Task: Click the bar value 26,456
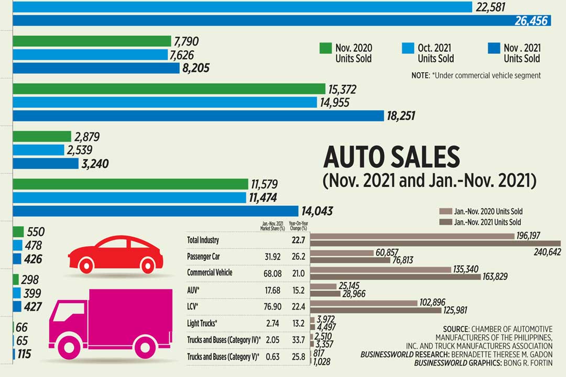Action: [531, 21]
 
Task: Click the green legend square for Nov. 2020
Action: [325, 48]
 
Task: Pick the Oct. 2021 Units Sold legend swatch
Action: [408, 48]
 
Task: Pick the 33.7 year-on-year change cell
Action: [298, 340]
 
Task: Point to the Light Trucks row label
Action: [202, 324]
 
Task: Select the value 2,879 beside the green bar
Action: [87, 137]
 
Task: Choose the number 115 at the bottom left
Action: [24, 354]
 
